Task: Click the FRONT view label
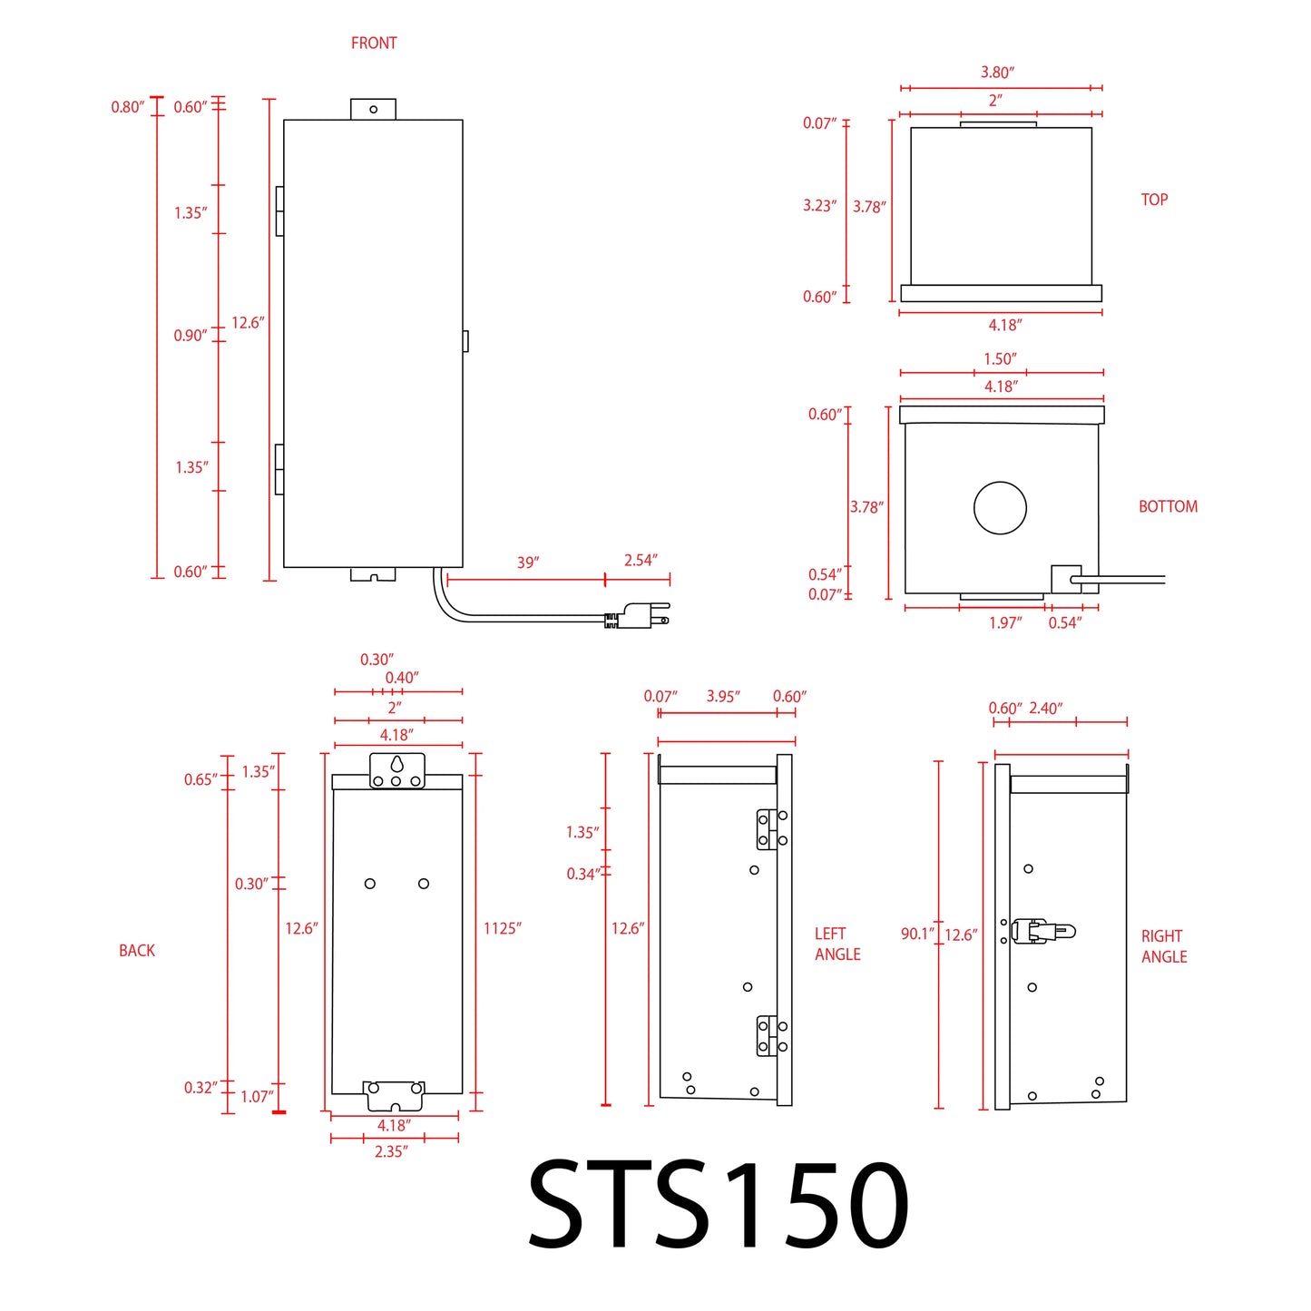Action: pos(374,43)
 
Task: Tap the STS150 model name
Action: pos(717,1205)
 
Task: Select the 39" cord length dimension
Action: pos(527,563)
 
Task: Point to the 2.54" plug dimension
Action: pos(641,561)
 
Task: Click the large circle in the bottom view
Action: pos(1000,508)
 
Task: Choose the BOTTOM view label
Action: pos(1168,506)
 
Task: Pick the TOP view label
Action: pos(1154,200)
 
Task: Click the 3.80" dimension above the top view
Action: pos(997,73)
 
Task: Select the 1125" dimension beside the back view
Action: pos(502,928)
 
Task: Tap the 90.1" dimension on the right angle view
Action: pos(917,934)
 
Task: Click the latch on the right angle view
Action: pos(1041,931)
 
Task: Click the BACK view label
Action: pos(137,950)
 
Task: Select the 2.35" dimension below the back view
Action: pos(391,1151)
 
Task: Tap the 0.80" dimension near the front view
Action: pos(127,107)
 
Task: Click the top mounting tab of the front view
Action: pos(373,109)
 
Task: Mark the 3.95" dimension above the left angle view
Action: pos(723,697)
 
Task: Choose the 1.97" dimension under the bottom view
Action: pos(1004,622)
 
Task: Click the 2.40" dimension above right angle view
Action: pos(1045,709)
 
